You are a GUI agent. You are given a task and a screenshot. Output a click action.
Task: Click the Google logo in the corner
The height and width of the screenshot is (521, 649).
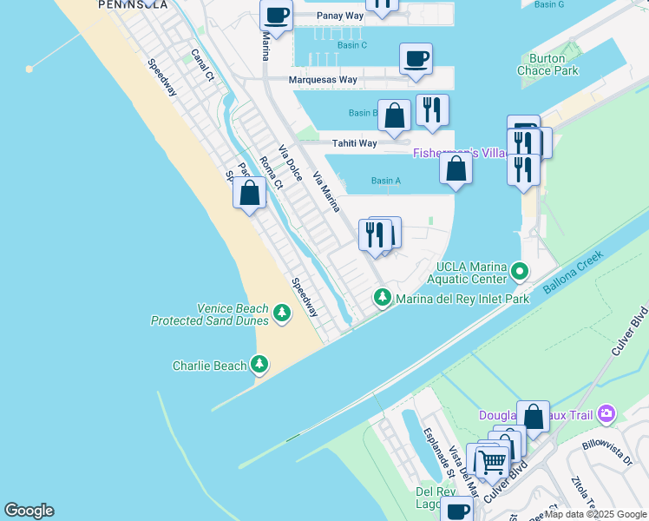(x=29, y=511)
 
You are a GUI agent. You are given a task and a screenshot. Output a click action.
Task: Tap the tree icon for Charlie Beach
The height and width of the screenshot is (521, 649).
(x=259, y=366)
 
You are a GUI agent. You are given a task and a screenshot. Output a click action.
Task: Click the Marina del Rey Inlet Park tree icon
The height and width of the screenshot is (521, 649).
(x=382, y=298)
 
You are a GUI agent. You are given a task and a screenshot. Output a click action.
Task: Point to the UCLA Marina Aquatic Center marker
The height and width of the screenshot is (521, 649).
(x=520, y=272)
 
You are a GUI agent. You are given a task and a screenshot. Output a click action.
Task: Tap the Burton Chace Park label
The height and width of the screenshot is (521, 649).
(x=547, y=65)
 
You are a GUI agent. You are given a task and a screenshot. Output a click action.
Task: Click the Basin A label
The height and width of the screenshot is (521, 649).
(x=386, y=181)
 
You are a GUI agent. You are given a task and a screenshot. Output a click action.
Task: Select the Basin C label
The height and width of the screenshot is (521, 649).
(x=352, y=45)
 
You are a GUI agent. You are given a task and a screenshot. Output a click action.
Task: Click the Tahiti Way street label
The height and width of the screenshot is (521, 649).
(x=354, y=143)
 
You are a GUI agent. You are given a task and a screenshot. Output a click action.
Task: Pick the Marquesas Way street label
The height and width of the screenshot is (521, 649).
(x=324, y=80)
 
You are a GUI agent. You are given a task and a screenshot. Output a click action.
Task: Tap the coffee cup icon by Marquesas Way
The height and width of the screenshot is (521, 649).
(x=416, y=59)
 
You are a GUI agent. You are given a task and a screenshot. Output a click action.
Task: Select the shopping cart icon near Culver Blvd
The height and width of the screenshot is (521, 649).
(x=492, y=463)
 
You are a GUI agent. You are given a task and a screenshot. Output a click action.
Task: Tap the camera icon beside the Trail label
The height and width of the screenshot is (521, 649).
(x=606, y=414)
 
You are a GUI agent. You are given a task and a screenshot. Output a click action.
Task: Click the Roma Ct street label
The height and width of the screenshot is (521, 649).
(x=272, y=172)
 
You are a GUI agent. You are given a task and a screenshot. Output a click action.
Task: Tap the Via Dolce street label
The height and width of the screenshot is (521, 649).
(x=290, y=162)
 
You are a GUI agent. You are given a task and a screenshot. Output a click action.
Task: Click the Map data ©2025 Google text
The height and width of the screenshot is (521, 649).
(x=596, y=514)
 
